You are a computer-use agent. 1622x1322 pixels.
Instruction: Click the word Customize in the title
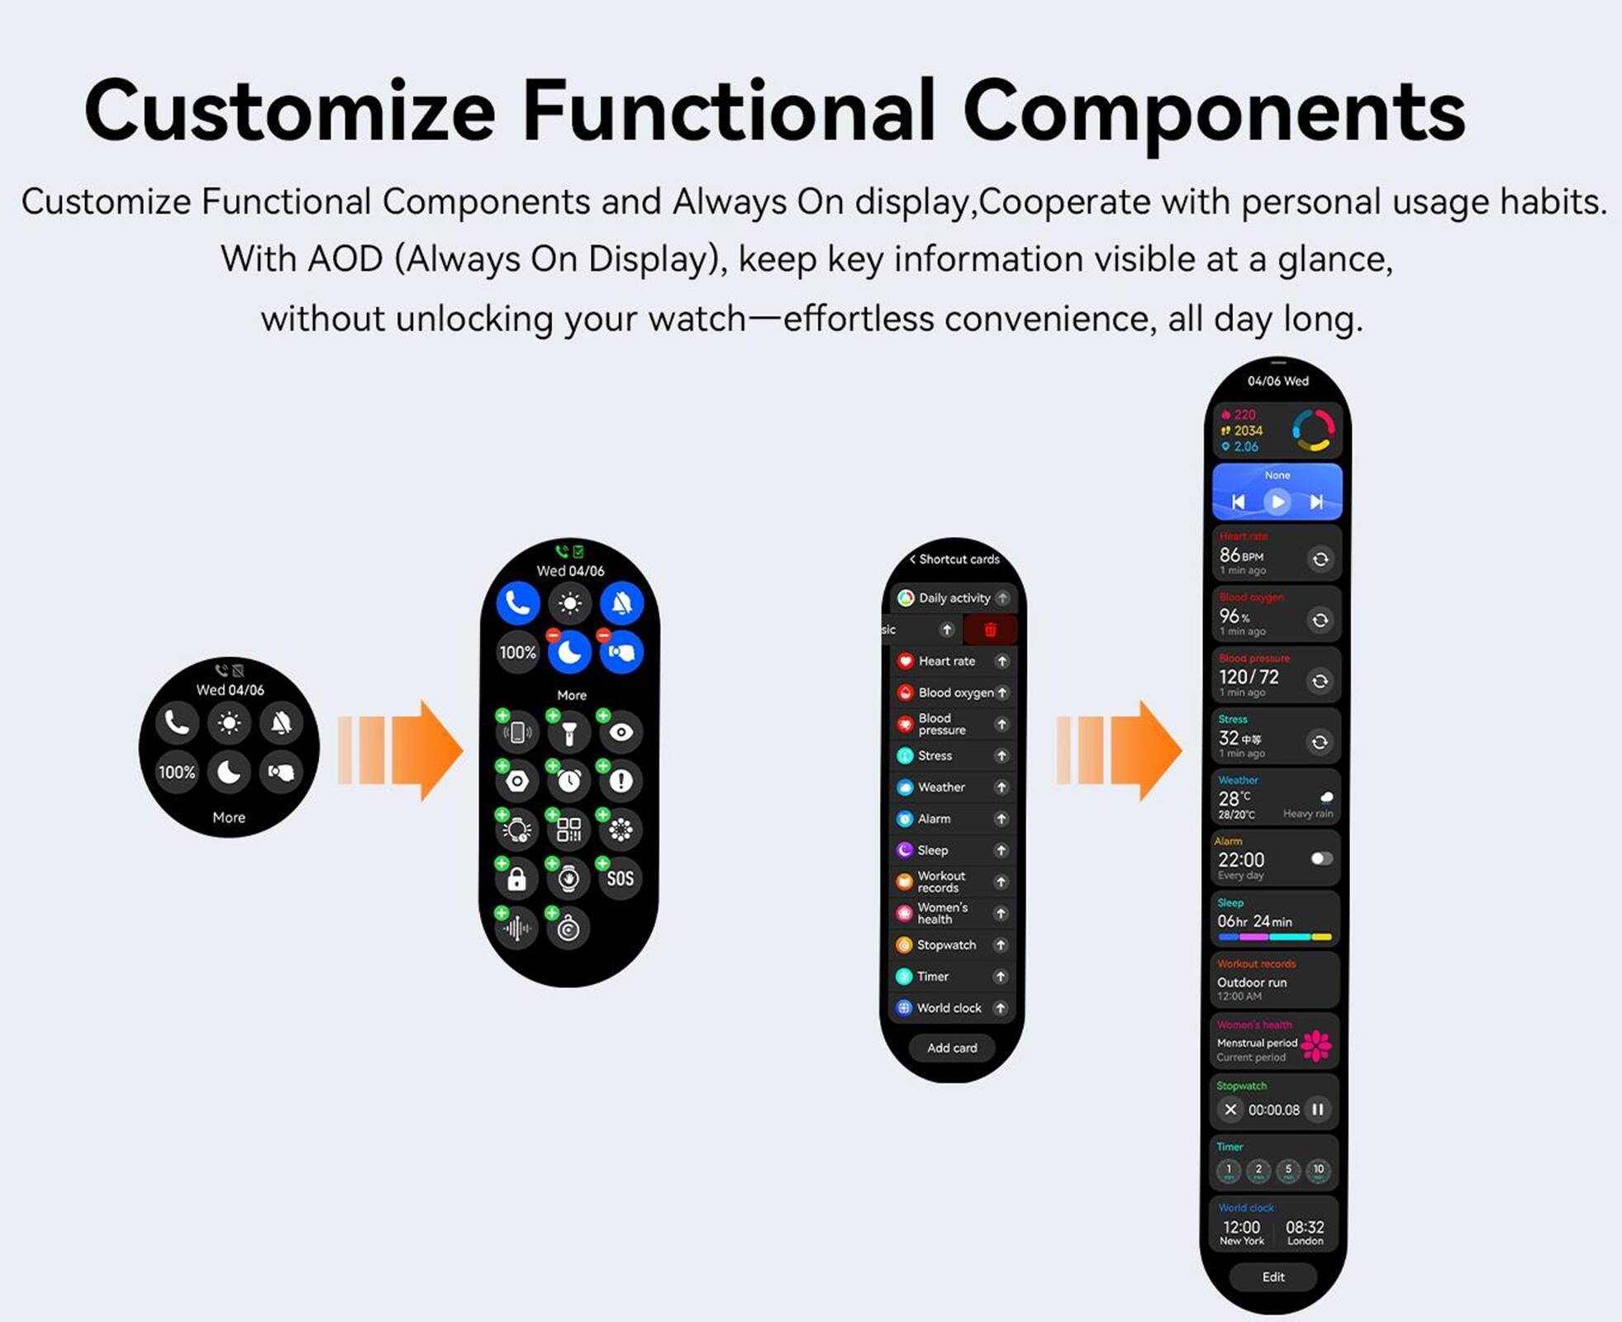289,112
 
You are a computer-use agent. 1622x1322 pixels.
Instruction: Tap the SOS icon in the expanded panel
620,878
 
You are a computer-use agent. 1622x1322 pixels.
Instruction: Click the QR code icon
568,830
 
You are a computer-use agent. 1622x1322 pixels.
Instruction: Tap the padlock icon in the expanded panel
517,878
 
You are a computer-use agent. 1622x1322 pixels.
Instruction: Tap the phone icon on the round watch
178,723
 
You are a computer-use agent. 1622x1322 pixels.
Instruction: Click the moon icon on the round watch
229,772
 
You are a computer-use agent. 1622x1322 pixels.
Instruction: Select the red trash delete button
990,630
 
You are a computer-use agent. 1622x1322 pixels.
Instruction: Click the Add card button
952,1048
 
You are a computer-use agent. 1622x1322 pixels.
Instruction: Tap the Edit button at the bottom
1273,1277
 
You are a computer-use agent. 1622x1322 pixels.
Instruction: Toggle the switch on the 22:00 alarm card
1321,858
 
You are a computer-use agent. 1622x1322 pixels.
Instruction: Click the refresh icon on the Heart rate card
1320,559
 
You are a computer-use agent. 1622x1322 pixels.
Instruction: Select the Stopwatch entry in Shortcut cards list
946,944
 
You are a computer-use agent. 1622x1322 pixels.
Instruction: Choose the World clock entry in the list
949,1008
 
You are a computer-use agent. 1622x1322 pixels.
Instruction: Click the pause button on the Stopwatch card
1318,1110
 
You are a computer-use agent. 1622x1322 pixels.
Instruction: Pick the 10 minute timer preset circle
1318,1170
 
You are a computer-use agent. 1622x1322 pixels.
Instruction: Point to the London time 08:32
1305,1228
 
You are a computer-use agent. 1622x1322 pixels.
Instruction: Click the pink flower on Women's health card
1316,1045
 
